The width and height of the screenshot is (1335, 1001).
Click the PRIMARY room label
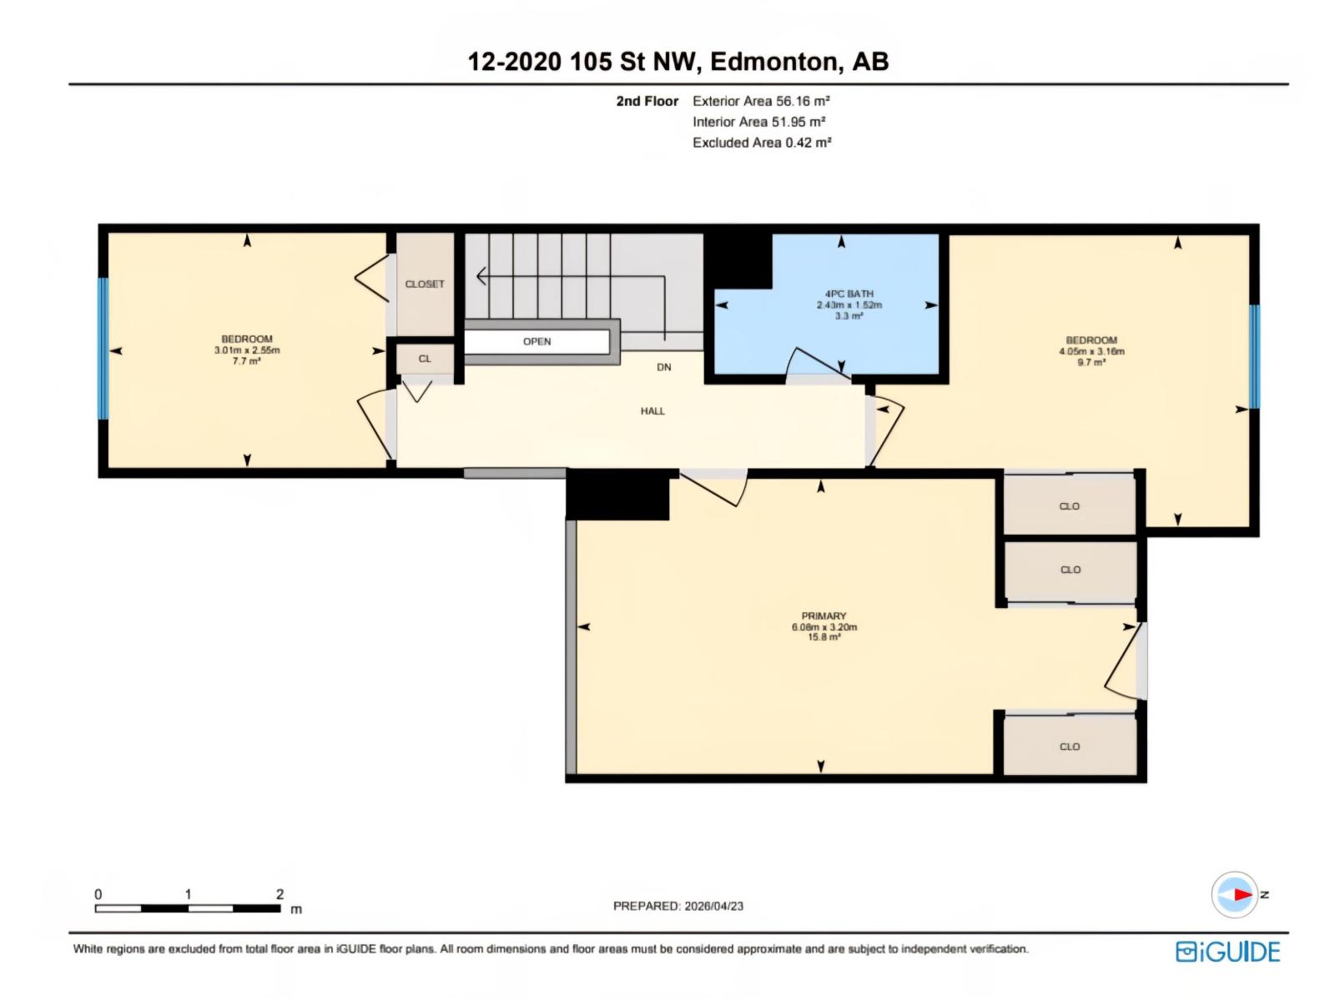point(824,616)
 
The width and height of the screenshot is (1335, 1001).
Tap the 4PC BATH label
point(849,294)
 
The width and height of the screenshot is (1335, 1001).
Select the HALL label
point(652,411)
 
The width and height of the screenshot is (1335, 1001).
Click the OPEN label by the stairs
point(537,341)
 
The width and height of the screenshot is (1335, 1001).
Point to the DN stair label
point(664,367)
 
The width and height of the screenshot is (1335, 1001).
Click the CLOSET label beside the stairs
point(425,284)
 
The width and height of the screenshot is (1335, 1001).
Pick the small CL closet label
point(425,359)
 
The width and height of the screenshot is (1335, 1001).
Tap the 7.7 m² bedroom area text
point(246,361)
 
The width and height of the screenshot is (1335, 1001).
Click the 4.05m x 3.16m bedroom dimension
point(1091,351)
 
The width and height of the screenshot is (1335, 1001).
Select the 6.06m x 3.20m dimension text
point(824,626)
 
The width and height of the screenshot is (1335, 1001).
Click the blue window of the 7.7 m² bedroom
point(103,349)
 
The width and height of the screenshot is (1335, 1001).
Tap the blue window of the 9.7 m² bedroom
point(1255,356)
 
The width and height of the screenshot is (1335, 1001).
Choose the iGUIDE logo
point(1227,952)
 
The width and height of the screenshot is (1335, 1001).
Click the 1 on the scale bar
point(188,894)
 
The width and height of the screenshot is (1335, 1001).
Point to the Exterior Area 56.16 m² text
point(761,101)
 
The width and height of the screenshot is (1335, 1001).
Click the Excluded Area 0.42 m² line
point(762,142)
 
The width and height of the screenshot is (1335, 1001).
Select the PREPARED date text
point(678,906)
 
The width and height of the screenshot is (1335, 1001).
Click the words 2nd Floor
point(647,101)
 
